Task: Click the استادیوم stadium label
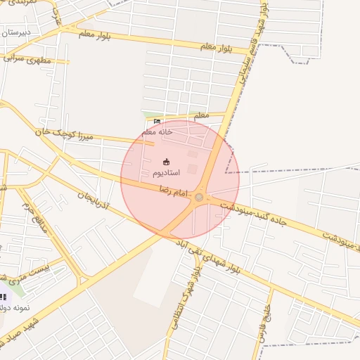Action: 166,172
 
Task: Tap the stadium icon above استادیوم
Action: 166,161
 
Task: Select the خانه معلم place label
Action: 156,131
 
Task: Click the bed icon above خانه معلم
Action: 157,122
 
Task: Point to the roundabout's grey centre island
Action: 199,198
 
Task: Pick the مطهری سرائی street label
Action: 29,60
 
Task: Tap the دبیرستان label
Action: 14,32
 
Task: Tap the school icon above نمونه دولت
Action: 4,296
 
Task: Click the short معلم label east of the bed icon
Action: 201,115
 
